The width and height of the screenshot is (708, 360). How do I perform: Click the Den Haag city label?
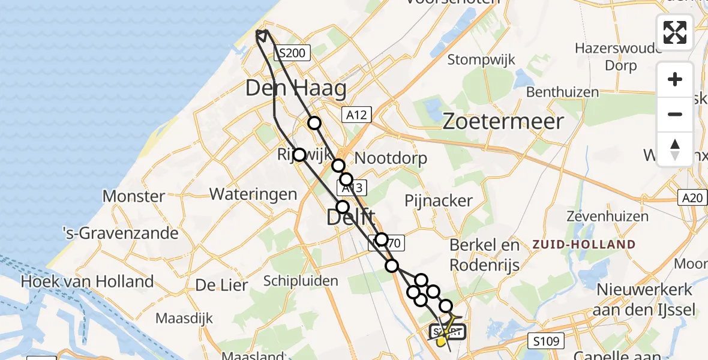[x=296, y=89]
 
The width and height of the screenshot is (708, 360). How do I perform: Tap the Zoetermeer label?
[x=503, y=122]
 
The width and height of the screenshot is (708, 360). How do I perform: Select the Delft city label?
[x=350, y=217]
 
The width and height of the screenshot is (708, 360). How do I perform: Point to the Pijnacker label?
[x=438, y=200]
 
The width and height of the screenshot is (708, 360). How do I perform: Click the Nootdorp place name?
[x=391, y=158]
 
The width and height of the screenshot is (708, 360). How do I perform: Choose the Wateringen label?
[x=253, y=194]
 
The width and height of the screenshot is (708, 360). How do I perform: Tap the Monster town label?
[x=134, y=196]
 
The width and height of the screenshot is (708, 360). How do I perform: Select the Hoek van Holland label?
[x=87, y=281]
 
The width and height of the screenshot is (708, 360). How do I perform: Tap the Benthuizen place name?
[x=562, y=92]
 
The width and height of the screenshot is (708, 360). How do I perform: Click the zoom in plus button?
[x=675, y=80]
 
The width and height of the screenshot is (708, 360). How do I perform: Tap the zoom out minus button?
[x=675, y=115]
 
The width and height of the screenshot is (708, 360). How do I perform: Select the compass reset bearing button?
[x=675, y=149]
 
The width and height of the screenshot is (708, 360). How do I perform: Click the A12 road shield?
[x=358, y=115]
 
